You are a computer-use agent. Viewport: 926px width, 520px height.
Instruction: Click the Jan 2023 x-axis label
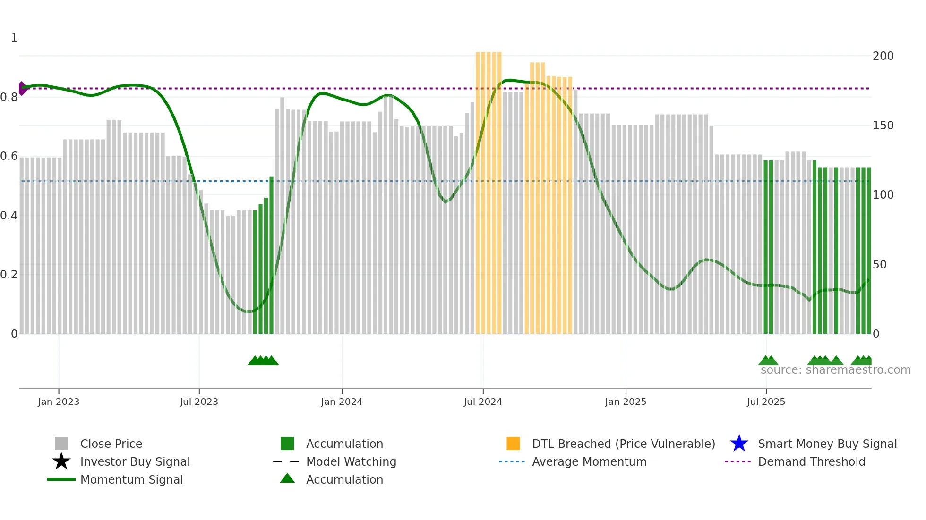click(59, 402)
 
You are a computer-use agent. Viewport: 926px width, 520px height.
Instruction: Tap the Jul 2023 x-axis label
click(199, 402)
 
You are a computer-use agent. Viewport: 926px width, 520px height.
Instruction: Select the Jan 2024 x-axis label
click(342, 402)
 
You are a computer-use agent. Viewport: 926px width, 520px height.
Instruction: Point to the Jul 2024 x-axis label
click(483, 402)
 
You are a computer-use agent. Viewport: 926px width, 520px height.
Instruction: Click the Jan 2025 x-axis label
click(626, 402)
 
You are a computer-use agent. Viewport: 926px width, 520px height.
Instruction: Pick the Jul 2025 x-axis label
click(766, 402)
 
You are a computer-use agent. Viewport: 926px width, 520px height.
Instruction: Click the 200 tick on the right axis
click(883, 56)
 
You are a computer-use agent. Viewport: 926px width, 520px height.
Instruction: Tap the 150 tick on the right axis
click(883, 126)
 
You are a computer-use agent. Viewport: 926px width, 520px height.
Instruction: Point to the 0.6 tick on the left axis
click(9, 156)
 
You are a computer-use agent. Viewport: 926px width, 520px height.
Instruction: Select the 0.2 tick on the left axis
click(9, 275)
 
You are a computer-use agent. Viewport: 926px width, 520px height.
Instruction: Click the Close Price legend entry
click(111, 444)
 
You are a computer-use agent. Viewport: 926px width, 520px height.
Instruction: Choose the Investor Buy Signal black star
click(61, 461)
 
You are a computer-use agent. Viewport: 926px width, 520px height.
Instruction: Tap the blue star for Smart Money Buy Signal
click(739, 444)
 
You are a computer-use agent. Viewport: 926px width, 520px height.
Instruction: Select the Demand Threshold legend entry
click(811, 461)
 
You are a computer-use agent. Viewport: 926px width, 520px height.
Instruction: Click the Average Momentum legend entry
click(589, 461)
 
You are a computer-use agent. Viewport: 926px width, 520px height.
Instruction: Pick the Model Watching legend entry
click(351, 461)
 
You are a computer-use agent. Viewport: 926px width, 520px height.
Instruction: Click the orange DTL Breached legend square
click(513, 444)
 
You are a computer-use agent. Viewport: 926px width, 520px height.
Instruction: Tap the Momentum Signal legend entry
click(131, 479)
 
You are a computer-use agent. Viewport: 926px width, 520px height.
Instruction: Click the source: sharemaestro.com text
click(835, 370)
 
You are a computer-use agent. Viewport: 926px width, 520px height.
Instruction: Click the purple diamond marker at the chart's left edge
click(22, 88)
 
